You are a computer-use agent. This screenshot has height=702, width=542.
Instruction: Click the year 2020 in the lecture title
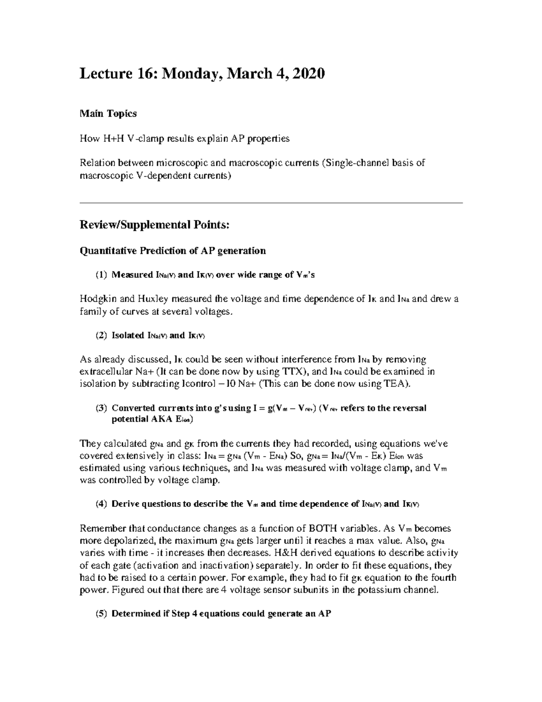[308, 73]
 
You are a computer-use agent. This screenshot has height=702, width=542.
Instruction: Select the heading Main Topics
[108, 113]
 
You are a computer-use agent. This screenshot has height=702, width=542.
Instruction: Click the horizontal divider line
[271, 203]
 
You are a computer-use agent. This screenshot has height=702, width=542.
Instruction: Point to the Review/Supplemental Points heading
[154, 225]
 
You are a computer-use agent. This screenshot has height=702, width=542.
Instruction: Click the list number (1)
[102, 275]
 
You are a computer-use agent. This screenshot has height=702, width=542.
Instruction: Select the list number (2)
[102, 335]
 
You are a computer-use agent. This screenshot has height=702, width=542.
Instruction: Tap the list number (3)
[102, 408]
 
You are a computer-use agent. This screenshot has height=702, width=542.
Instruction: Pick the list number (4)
[102, 504]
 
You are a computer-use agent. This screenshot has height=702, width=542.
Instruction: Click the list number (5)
[102, 614]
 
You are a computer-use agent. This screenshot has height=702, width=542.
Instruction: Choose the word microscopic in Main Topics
[178, 163]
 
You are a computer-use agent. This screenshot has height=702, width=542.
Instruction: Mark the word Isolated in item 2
[128, 335]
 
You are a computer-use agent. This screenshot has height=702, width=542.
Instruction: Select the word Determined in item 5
[135, 614]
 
